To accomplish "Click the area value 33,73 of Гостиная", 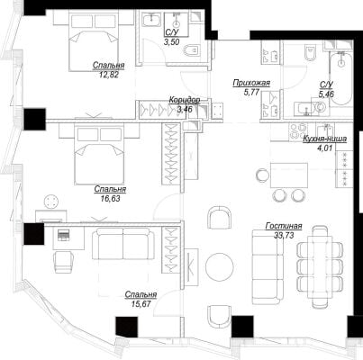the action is click(x=284, y=235).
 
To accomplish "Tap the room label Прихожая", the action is click(x=251, y=83).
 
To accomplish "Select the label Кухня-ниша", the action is click(x=324, y=139).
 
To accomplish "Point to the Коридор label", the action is click(x=185, y=100).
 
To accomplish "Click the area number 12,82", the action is click(x=109, y=74).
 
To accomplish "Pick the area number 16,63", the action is click(x=110, y=198).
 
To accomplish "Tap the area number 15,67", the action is click(x=141, y=303).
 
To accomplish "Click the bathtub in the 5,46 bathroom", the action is click(x=340, y=78).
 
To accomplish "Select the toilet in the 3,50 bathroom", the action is click(x=191, y=50).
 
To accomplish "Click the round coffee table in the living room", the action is click(x=220, y=266).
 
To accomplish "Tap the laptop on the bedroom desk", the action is click(x=63, y=235).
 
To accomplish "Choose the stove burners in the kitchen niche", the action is click(x=295, y=131).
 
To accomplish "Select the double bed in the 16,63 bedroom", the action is click(x=99, y=155).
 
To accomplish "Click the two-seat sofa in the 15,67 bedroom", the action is click(x=123, y=243).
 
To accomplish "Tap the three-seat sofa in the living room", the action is click(x=268, y=267).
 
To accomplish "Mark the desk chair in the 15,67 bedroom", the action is click(x=64, y=262).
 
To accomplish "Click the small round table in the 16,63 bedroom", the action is click(x=52, y=202).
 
